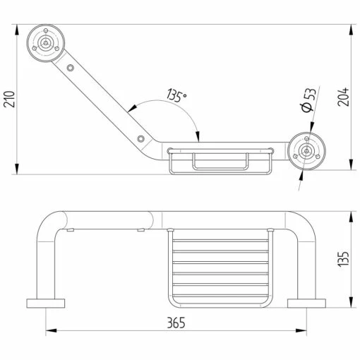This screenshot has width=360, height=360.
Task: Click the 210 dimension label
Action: coord(9,99)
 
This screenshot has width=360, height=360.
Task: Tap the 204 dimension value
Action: coord(343,97)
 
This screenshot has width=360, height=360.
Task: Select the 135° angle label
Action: coord(176,95)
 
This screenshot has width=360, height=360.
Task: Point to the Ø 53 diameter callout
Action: coord(308,100)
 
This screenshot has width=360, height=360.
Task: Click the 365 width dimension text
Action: coord(176,323)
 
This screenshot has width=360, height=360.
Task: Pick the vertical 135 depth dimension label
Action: coord(343,259)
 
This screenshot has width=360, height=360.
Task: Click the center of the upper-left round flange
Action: coord(46,43)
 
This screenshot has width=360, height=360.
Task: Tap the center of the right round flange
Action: coord(306,151)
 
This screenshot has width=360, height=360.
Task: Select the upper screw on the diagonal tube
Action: coord(70,68)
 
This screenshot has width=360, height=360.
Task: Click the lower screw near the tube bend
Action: coord(140,138)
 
